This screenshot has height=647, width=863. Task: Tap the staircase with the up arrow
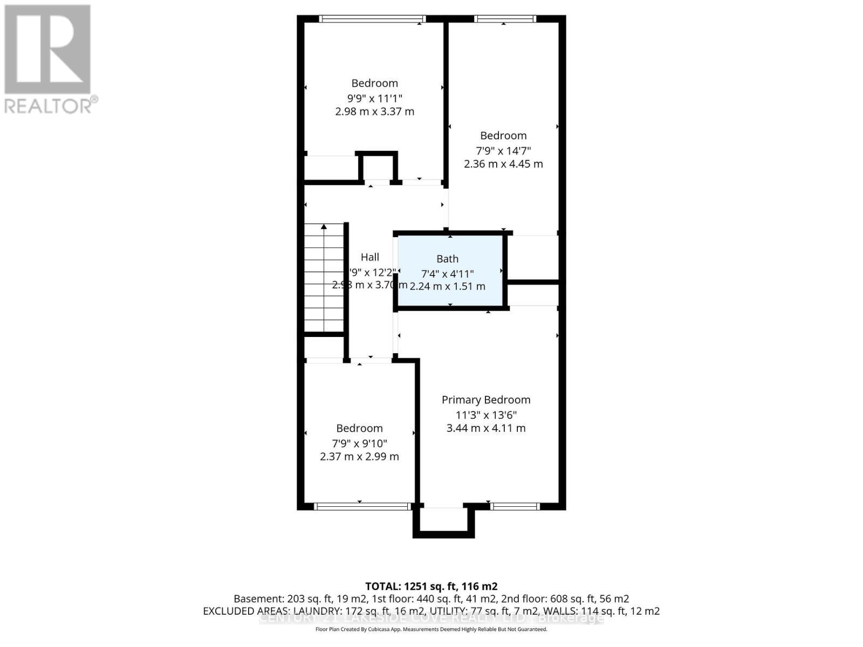324,278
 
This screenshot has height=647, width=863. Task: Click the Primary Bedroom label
486,400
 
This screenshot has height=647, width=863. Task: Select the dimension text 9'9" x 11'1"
374,98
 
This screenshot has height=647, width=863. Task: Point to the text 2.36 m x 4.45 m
503,164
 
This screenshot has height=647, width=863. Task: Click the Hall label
370,257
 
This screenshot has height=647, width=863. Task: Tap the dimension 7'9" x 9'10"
359,443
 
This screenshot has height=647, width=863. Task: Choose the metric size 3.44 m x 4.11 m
486,428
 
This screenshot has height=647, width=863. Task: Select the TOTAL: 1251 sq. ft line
431,586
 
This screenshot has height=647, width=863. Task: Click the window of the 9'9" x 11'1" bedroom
372,19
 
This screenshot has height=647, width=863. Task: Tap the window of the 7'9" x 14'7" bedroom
505,19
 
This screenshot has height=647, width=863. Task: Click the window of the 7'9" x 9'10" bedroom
362,506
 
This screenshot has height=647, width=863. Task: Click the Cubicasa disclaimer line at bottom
431,629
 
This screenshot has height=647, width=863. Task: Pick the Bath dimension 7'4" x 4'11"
447,273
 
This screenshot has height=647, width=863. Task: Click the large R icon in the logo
47,49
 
